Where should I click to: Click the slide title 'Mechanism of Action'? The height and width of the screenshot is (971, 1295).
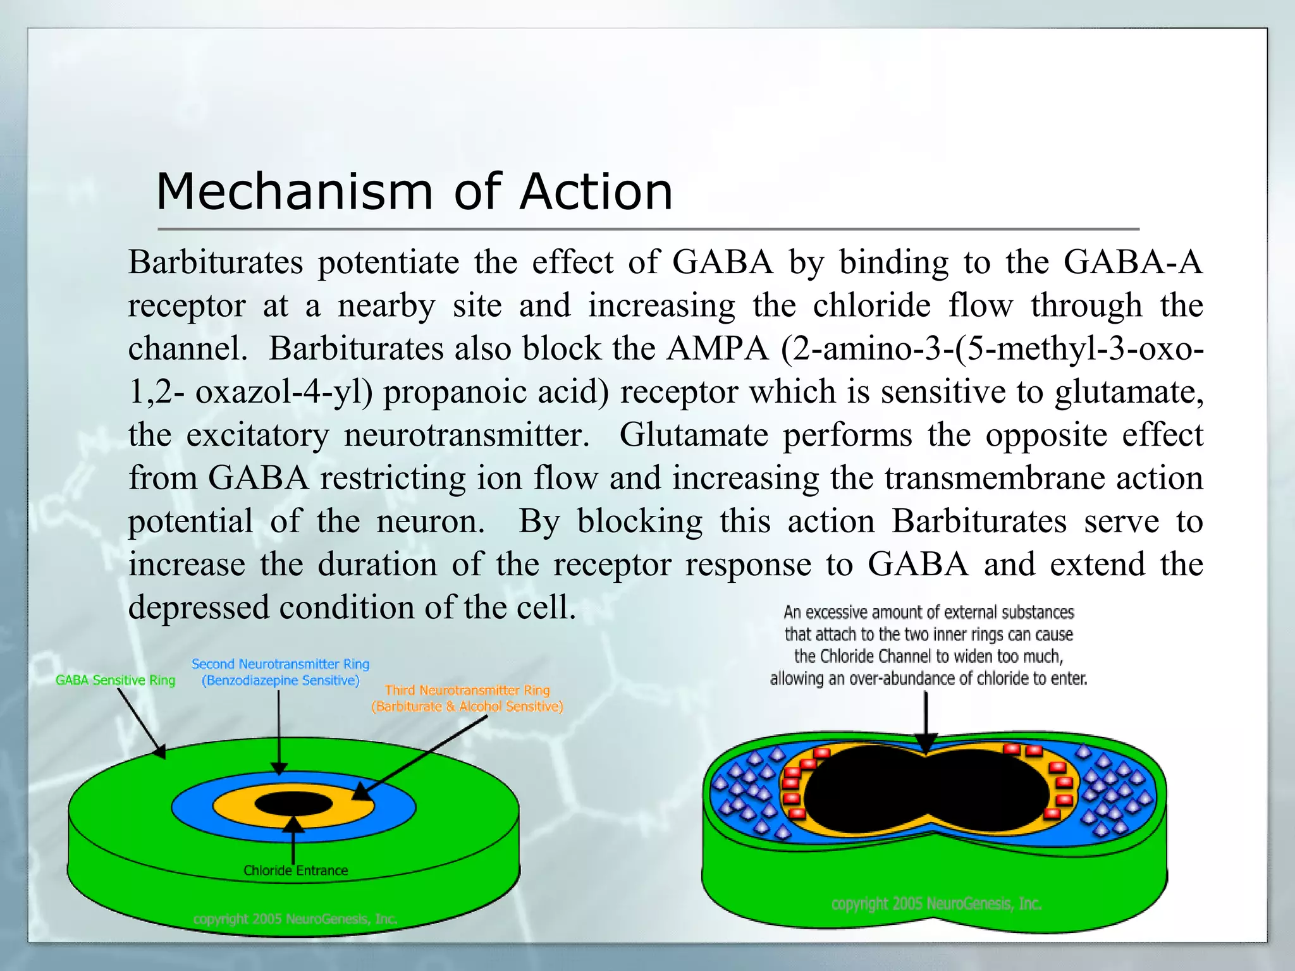click(x=414, y=192)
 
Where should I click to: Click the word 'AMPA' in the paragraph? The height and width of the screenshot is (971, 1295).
click(x=717, y=348)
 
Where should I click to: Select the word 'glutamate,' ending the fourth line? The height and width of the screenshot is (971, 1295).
click(x=1129, y=392)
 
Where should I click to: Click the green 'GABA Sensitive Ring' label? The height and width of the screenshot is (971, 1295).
click(x=115, y=680)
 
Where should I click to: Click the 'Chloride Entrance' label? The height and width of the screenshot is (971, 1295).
click(x=295, y=870)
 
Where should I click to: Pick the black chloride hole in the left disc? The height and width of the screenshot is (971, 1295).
click(x=293, y=804)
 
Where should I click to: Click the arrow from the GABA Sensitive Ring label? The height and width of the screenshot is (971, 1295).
click(x=140, y=721)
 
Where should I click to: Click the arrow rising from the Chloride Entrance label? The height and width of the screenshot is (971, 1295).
click(x=293, y=841)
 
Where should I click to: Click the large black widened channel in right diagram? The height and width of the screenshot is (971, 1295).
click(x=926, y=790)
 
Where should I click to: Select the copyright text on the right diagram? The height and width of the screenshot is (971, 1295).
click(x=936, y=904)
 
